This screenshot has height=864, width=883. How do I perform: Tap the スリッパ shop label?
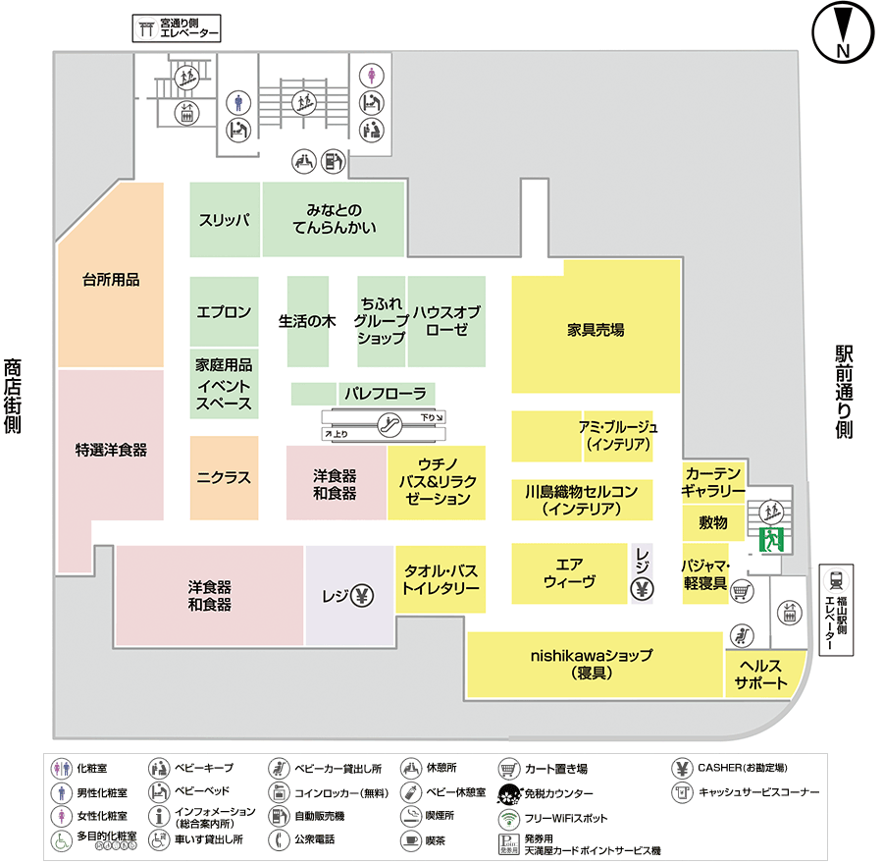(x=225, y=220)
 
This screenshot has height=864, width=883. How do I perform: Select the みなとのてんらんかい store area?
(x=334, y=219)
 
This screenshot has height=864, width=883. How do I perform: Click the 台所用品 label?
(x=110, y=280)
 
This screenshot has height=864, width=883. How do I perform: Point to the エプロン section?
(x=225, y=311)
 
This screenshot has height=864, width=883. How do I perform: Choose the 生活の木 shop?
(x=308, y=321)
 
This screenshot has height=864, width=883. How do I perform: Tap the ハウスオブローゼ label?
(x=446, y=321)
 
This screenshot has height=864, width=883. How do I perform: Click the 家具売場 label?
(x=596, y=330)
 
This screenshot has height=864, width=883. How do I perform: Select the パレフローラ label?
(x=384, y=394)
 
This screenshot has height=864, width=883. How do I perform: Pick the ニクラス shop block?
(x=224, y=478)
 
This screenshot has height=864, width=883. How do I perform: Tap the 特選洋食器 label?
(x=111, y=450)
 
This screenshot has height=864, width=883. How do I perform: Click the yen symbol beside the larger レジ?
(x=361, y=595)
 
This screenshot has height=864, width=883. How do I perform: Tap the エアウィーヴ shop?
(x=569, y=572)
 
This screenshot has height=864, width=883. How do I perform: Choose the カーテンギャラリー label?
(x=713, y=481)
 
